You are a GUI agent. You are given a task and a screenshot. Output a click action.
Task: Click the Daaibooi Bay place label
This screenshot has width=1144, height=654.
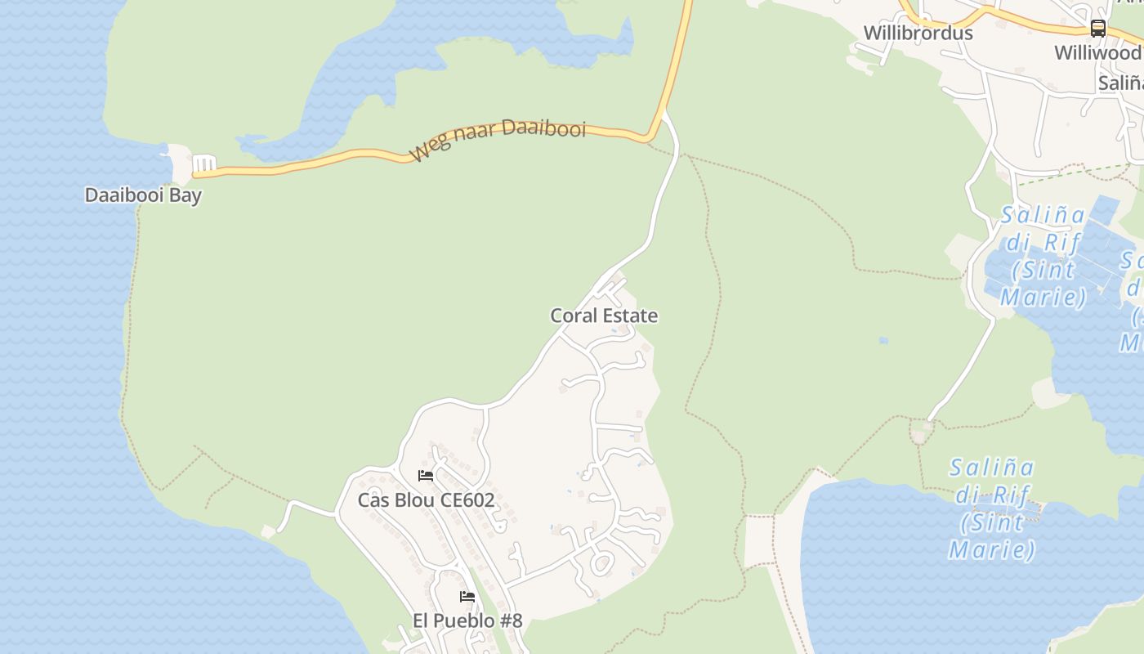pos(143,195)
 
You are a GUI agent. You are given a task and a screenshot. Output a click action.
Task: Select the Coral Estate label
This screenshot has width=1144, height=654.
pos(604,316)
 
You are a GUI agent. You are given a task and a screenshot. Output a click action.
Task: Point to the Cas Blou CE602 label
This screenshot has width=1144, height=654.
pos(426,499)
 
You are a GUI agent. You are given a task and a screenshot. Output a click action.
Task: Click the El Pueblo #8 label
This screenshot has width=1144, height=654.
pos(467,620)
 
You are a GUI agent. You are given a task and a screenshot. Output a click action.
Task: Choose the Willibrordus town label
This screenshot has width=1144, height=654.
pos(918,33)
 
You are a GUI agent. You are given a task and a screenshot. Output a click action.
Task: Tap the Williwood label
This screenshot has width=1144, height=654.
pos(1097,53)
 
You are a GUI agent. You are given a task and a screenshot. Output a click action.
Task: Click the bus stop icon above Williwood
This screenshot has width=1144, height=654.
pos(1098,29)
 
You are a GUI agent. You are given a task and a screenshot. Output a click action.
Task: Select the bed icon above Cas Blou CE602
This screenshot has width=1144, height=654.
pos(426,476)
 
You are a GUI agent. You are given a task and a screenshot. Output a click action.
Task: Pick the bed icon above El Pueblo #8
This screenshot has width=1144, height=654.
pos(467,597)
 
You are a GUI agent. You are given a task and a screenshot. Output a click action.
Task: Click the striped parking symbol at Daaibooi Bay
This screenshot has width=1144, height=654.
pos(204,164)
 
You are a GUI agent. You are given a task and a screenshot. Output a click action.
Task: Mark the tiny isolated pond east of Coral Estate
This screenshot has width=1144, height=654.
pos(883,340)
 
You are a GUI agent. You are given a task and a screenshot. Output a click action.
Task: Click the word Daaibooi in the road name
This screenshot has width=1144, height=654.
pos(543,128)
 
